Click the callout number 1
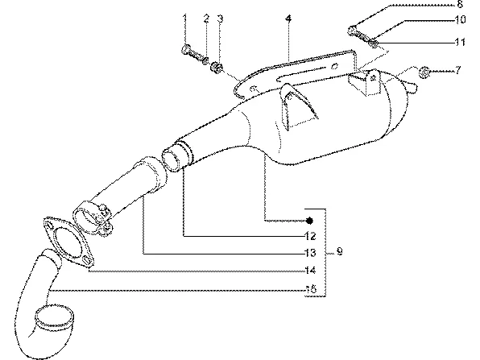[184, 19]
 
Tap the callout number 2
[207, 19]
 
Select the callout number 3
[220, 19]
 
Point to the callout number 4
[288, 19]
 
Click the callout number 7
[457, 70]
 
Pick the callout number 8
[460, 4]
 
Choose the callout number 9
[339, 251]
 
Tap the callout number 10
[460, 19]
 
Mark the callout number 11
[460, 41]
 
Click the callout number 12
[310, 236]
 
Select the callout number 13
[310, 253]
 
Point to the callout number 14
[310, 271]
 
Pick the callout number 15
[311, 288]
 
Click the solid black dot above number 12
[310, 221]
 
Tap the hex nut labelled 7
[424, 72]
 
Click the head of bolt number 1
[185, 50]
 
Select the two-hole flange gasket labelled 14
[68, 242]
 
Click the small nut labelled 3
[217, 68]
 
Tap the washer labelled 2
[205, 60]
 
